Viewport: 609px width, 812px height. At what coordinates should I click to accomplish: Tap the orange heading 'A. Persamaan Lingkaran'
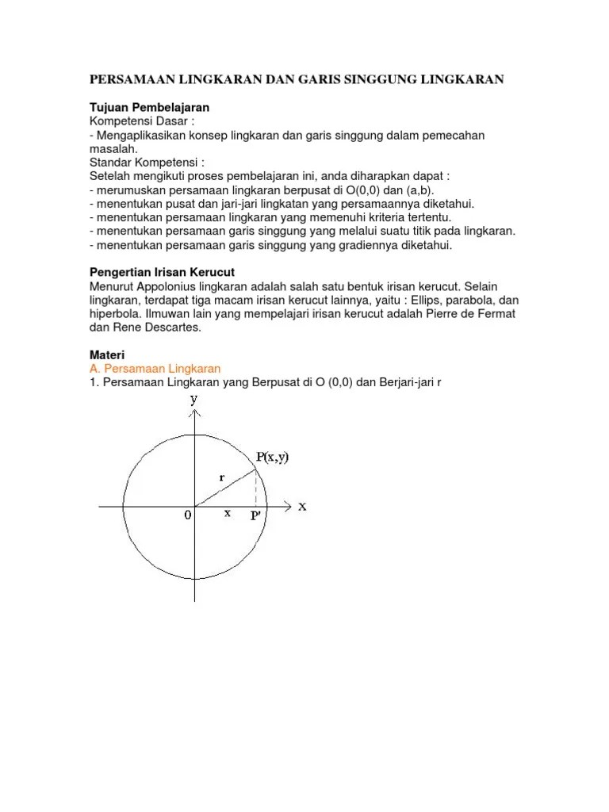coord(154,369)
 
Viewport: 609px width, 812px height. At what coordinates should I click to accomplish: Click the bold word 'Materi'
coord(107,355)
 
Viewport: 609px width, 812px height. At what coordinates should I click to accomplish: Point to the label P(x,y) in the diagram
coord(272,457)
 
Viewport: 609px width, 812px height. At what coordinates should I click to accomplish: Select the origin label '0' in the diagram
coord(188,515)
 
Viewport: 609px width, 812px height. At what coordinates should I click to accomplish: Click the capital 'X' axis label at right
coord(302,507)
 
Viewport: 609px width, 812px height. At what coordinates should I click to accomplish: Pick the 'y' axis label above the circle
coord(193,399)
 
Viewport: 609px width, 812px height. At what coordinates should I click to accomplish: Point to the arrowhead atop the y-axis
coord(195,412)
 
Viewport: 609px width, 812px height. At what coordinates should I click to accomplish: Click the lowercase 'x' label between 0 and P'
coord(228,513)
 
